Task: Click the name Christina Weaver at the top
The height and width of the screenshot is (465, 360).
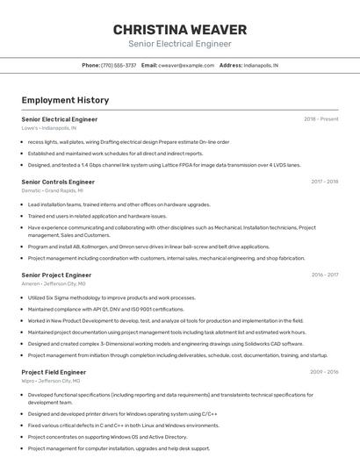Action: point(180,30)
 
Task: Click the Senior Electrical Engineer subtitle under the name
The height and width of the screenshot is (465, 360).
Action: point(180,44)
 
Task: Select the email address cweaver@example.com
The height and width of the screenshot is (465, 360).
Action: point(186,65)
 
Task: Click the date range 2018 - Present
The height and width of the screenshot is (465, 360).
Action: point(320,119)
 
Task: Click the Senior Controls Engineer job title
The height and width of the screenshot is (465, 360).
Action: point(58,182)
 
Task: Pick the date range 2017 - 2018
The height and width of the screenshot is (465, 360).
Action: point(324,182)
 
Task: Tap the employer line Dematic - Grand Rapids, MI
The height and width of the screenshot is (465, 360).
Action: point(52,190)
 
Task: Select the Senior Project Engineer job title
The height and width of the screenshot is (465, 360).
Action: point(56,275)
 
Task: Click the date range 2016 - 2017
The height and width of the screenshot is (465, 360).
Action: point(324,275)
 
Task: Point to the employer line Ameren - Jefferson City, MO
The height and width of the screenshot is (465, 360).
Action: point(54,283)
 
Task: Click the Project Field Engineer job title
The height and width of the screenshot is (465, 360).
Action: point(54,372)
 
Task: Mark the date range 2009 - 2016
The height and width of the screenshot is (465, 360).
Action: point(323,372)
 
